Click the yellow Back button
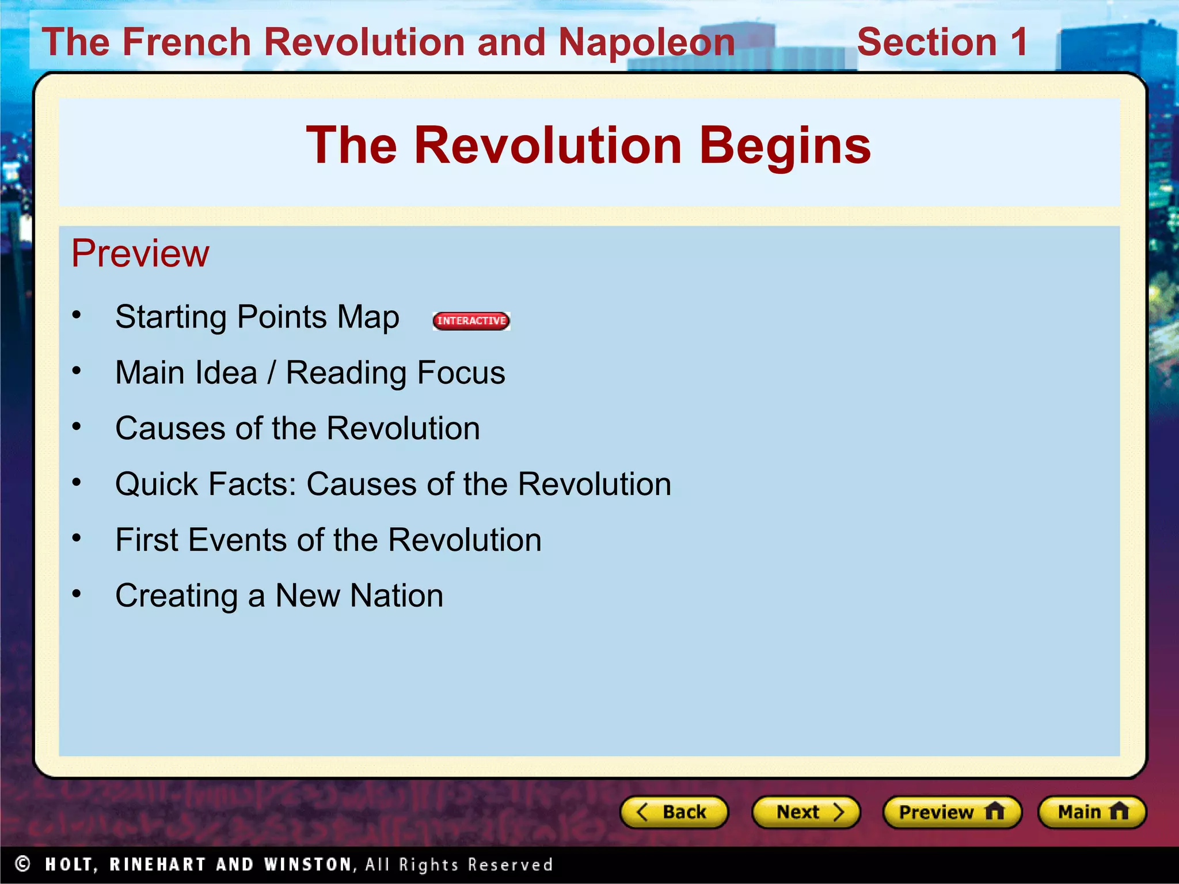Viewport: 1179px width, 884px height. pyautogui.click(x=674, y=812)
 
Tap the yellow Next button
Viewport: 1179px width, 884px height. pyautogui.click(x=805, y=812)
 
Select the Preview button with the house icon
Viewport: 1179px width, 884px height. pyautogui.click(x=952, y=812)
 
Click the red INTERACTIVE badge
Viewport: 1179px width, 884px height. pyautogui.click(x=471, y=321)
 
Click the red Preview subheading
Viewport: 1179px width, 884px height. pyautogui.click(x=140, y=253)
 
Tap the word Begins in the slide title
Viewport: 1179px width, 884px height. pyautogui.click(x=785, y=146)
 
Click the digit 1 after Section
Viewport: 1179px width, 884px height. pyautogui.click(x=1019, y=42)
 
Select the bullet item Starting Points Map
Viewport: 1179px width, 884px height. pyautogui.click(x=257, y=317)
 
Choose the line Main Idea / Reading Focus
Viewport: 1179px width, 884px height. pyautogui.click(x=310, y=373)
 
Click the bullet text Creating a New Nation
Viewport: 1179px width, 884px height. pyautogui.click(x=279, y=596)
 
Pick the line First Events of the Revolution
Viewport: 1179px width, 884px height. pyautogui.click(x=328, y=540)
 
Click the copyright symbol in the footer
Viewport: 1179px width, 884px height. pyautogui.click(x=22, y=864)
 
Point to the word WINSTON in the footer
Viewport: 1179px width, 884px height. pyautogui.click(x=308, y=864)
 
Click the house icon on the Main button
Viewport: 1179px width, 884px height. pyautogui.click(x=1119, y=811)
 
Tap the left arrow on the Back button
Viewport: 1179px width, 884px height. pyautogui.click(x=642, y=812)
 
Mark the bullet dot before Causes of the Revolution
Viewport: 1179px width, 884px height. pyautogui.click(x=77, y=426)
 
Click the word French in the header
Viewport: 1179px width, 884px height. pyautogui.click(x=187, y=42)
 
